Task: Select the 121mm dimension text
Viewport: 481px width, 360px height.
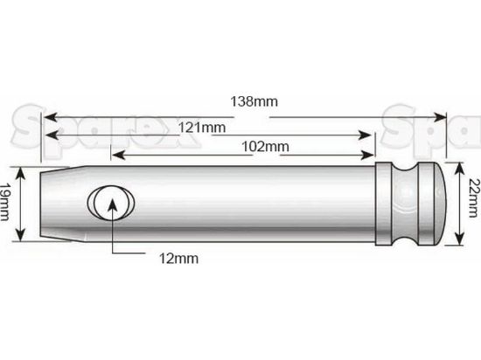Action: (200, 128)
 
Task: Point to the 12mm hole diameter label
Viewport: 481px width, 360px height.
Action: (178, 258)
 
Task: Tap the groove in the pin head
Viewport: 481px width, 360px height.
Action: (408, 204)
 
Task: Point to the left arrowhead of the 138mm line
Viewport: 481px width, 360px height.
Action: (50, 114)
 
